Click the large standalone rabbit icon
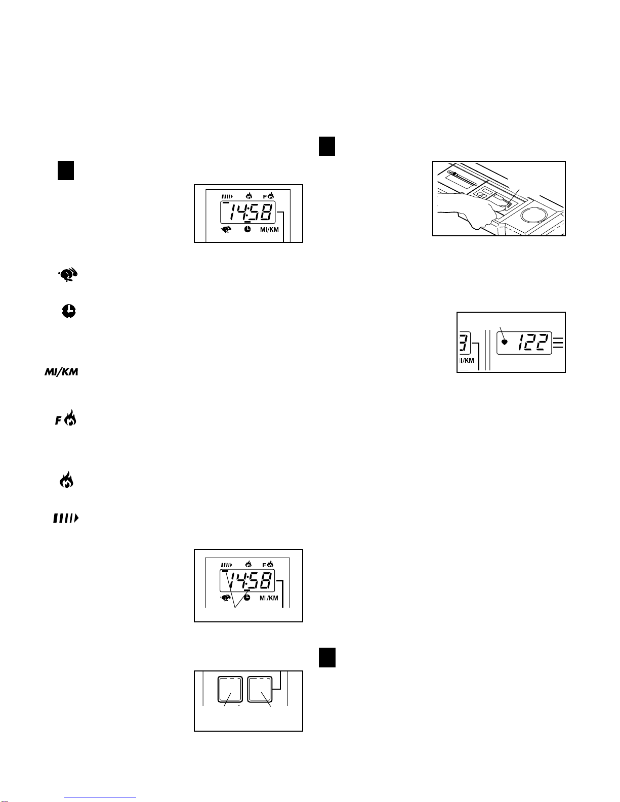(68, 275)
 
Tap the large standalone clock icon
(69, 311)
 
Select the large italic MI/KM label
(61, 372)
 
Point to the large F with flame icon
(66, 418)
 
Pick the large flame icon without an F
(67, 479)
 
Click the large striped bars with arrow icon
(66, 519)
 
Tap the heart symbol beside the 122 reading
(505, 342)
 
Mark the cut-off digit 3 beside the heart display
(464, 343)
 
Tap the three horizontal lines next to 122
(558, 343)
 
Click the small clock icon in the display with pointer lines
(246, 597)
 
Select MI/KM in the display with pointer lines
(269, 598)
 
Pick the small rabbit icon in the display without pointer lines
(227, 230)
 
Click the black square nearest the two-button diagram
(327, 657)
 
